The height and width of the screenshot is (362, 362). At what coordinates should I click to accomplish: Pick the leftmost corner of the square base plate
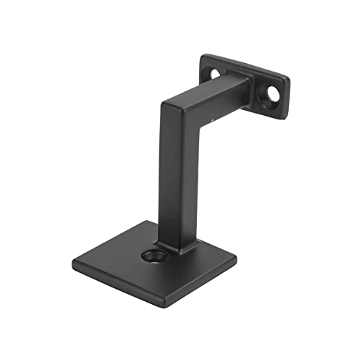(x=70, y=254)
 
